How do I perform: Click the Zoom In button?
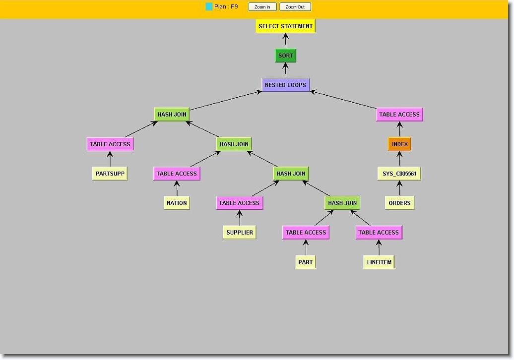click(262, 7)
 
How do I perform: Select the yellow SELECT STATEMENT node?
click(285, 26)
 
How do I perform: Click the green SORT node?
click(285, 56)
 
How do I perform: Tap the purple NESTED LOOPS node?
click(285, 85)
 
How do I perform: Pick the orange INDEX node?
click(399, 144)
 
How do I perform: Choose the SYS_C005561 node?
click(399, 174)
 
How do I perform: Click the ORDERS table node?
click(399, 203)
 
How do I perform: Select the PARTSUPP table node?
click(110, 174)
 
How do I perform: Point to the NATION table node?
click(177, 203)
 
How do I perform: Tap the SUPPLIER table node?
click(239, 232)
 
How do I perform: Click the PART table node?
click(305, 262)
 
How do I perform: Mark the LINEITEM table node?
click(379, 262)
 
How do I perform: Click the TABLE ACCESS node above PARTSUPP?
click(110, 144)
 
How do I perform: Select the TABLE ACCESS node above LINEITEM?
click(379, 232)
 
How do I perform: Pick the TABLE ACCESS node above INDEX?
click(399, 115)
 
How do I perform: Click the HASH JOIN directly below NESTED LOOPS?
click(172, 115)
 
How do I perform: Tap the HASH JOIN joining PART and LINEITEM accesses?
click(342, 203)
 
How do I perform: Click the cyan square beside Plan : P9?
click(209, 7)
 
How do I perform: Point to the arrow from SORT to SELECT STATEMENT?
click(285, 41)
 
